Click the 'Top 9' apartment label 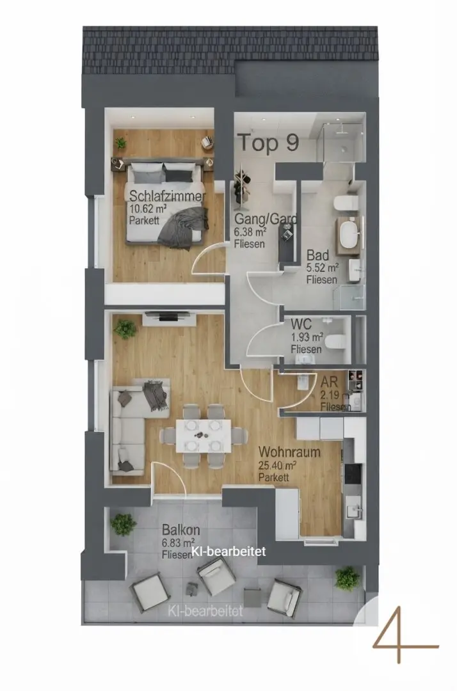[x=268, y=142]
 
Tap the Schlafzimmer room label [x=168, y=196]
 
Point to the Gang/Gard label [x=266, y=219]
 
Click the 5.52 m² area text [x=323, y=267]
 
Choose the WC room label [x=301, y=324]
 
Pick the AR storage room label [x=329, y=381]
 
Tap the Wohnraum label [x=289, y=452]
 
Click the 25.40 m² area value [x=277, y=465]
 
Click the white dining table [x=203, y=436]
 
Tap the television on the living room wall [x=169, y=315]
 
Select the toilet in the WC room [x=337, y=340]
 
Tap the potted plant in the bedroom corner [x=120, y=142]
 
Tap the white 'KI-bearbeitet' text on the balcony [x=228, y=552]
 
